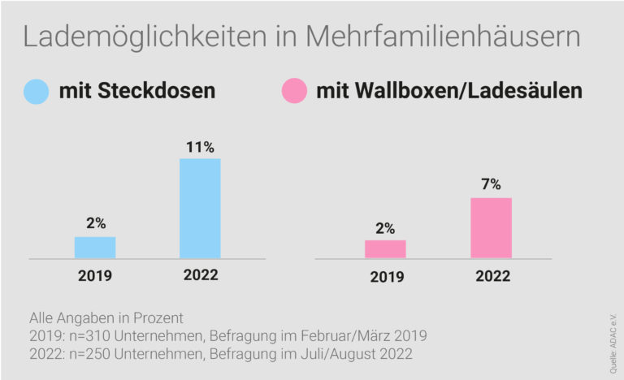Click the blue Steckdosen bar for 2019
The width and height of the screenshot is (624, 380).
(x=95, y=248)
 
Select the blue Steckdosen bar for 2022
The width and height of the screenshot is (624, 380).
(x=200, y=209)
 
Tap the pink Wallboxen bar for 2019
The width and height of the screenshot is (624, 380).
(x=385, y=249)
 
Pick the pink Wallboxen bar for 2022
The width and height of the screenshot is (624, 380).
(x=491, y=228)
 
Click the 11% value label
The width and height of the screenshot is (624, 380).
(x=200, y=147)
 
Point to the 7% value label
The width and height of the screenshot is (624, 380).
(x=491, y=185)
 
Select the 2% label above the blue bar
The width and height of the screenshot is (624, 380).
(x=95, y=223)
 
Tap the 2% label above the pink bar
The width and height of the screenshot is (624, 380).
(x=385, y=227)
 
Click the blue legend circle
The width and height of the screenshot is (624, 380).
(x=37, y=91)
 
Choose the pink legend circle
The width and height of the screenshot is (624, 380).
(x=293, y=91)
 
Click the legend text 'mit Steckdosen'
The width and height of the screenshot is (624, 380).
(x=136, y=91)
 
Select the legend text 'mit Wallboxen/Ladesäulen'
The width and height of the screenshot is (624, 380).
(x=448, y=91)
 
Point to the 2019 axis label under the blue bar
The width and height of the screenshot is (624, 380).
(x=95, y=276)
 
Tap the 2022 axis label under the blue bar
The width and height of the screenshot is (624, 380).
(x=200, y=276)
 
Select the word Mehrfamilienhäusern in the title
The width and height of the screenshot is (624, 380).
(x=445, y=38)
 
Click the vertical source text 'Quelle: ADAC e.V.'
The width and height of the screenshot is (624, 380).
(x=611, y=342)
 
